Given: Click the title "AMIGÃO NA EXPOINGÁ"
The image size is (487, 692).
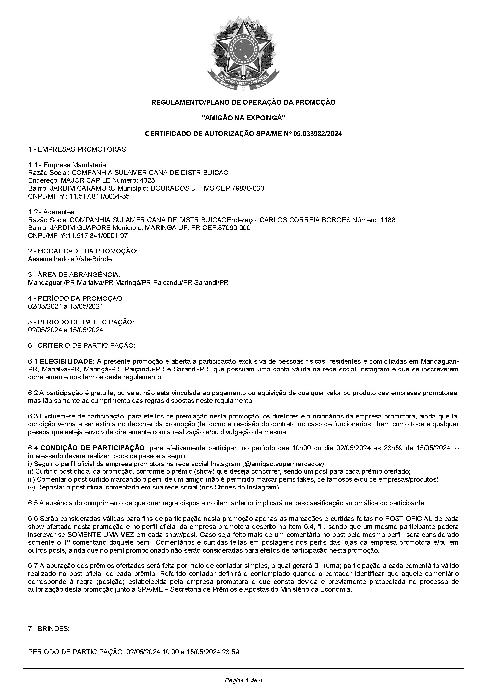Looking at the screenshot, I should click(243, 118).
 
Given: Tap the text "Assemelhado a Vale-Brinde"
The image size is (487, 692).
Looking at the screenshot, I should click(70, 259).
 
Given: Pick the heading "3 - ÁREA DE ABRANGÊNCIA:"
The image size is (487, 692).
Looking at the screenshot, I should click(74, 274).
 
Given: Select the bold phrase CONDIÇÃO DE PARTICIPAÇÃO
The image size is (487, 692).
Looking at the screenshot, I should click(92, 448).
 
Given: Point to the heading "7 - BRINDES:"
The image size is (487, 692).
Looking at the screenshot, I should click(49, 629).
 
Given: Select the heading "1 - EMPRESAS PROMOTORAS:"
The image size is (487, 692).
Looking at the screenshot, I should click(78, 149).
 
